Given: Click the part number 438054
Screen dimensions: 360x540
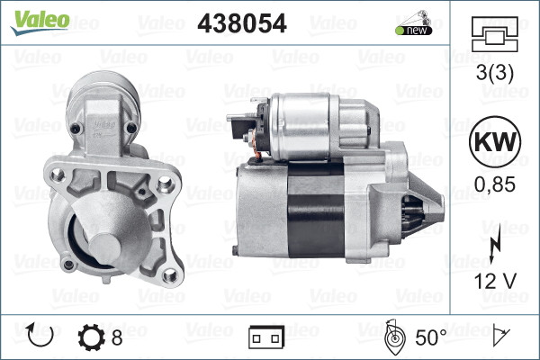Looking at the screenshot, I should [x=241, y=24].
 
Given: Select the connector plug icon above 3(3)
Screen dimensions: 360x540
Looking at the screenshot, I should [x=495, y=39].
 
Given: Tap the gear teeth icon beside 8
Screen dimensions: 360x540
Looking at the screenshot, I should [x=92, y=337].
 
